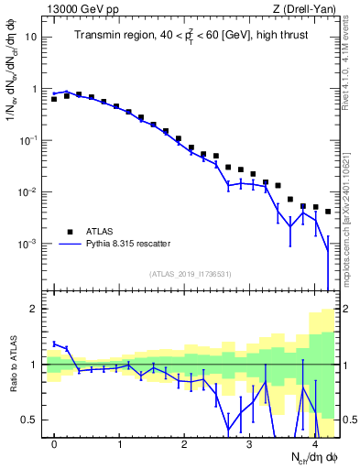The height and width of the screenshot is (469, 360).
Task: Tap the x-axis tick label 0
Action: (54, 444)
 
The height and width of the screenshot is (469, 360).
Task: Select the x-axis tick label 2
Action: (184, 444)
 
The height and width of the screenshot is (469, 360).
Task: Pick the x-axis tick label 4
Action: (314, 444)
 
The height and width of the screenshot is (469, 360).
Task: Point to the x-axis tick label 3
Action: (249, 444)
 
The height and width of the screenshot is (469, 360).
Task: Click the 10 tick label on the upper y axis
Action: (30, 38)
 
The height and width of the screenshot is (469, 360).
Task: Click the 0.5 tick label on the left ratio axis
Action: (29, 420)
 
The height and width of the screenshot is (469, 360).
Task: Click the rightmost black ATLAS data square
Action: (328, 212)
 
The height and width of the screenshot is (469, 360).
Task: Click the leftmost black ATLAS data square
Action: (54, 98)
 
